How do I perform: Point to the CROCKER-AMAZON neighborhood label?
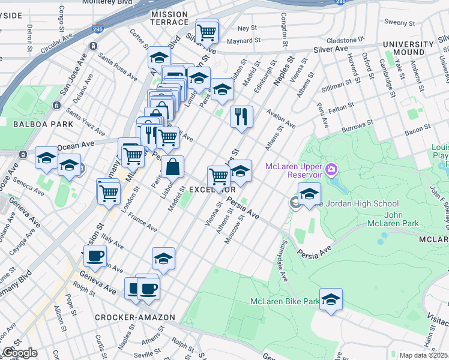coord(134,317)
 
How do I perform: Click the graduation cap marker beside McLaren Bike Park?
coord(330,299)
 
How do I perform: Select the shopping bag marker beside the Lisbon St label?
coord(172,167)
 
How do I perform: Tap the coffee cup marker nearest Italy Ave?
coord(95,256)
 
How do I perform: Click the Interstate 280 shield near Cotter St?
coord(97,28)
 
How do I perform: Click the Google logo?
coord(20,353)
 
